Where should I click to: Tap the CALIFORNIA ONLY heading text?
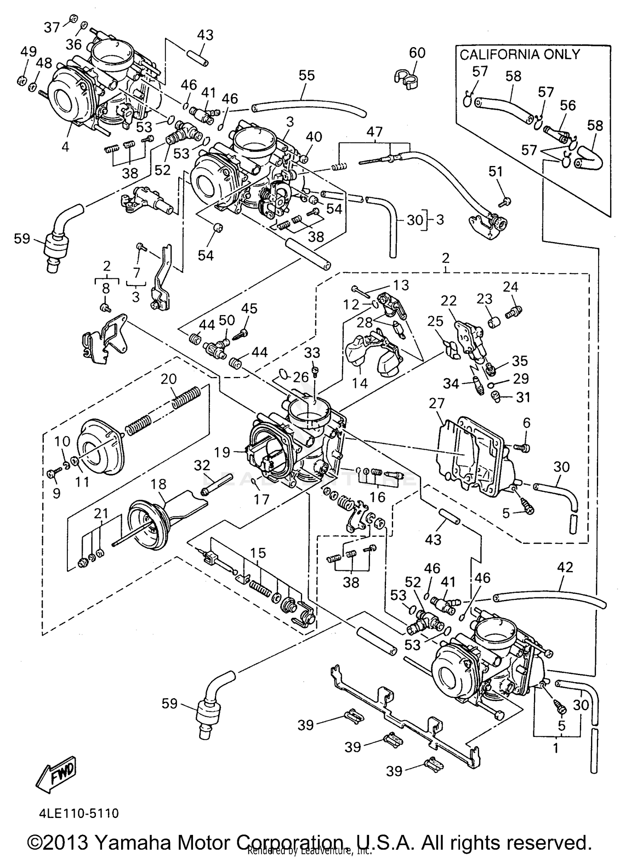coord(520,55)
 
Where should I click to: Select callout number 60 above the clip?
coord(417,53)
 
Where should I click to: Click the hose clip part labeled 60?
coord(405,78)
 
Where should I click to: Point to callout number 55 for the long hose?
coord(306,75)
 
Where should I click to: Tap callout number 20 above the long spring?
coord(168,379)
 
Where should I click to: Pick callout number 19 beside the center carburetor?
coord(222,452)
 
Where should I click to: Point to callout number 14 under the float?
coord(360,383)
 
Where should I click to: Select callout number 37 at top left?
coord(52,28)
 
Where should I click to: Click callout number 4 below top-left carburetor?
coord(65,146)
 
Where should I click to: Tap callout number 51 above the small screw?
coord(495,171)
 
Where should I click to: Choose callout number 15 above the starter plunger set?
coord(258,553)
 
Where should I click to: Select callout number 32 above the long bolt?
coord(202,465)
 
